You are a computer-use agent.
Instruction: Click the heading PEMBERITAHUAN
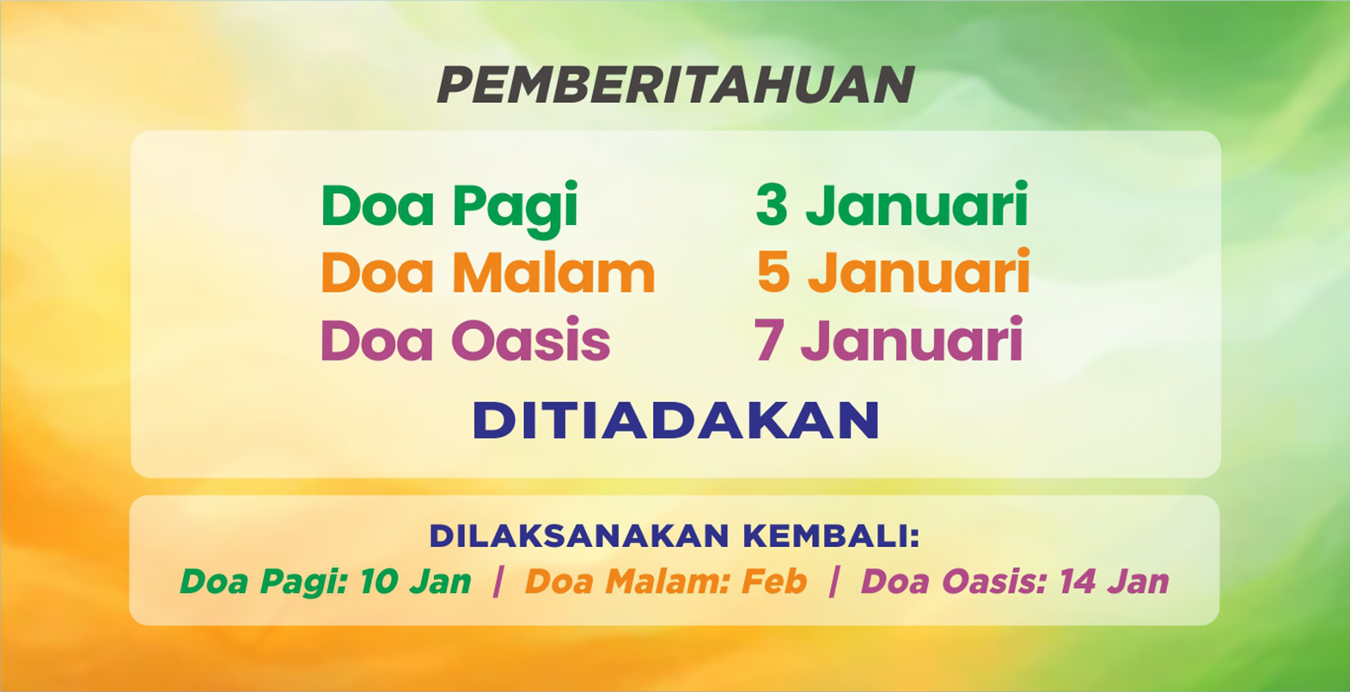click(x=675, y=84)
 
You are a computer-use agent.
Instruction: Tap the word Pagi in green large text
click(x=516, y=209)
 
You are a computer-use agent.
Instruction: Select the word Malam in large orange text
click(x=554, y=273)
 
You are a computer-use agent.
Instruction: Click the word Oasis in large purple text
click(x=531, y=340)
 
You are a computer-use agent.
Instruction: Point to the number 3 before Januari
click(x=772, y=205)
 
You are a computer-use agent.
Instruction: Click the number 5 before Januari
click(x=773, y=272)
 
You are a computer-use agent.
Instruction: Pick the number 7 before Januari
click(x=768, y=340)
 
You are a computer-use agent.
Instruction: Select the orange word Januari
click(x=919, y=271)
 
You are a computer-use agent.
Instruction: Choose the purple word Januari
click(x=913, y=339)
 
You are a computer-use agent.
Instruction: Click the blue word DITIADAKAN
click(x=675, y=420)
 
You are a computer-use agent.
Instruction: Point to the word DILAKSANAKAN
click(x=579, y=536)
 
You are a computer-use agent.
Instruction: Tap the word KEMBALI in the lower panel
click(x=825, y=536)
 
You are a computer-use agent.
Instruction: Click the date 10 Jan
click(x=416, y=582)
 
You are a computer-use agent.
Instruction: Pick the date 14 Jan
click(x=1115, y=582)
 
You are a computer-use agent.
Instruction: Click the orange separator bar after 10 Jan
click(x=498, y=582)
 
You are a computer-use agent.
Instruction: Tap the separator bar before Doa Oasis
click(x=834, y=582)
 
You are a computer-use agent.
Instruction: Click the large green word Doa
click(x=377, y=205)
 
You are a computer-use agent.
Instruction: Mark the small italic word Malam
click(x=669, y=582)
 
